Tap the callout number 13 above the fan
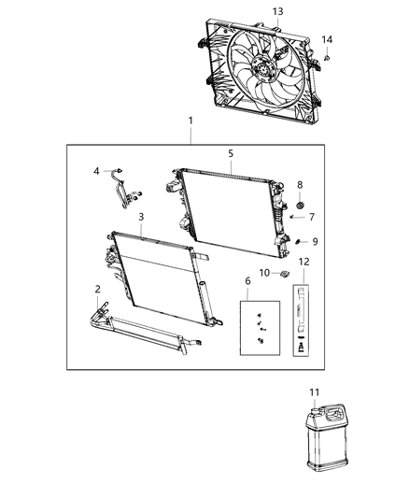tap(277, 10)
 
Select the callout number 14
tap(327, 39)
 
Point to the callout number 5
tap(232, 152)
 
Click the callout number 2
tap(97, 291)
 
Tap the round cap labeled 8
tap(299, 205)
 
